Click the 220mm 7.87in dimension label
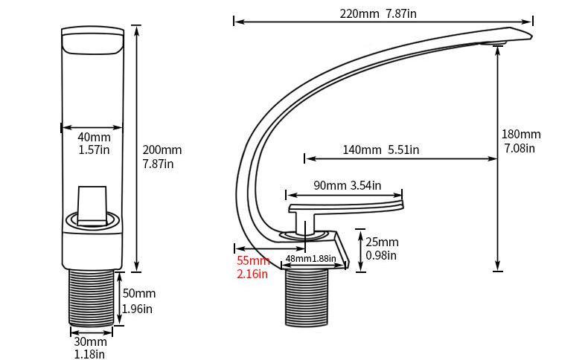377,13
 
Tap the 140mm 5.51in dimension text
380,150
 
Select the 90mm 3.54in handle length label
347,185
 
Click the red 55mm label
253,261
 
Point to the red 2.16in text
252,274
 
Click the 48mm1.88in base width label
310,260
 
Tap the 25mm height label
382,242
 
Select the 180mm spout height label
521,135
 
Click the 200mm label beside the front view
162,150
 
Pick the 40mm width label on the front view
94,138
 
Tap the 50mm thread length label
138,294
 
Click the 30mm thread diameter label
89,342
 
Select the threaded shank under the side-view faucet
306,298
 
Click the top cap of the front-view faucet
92,41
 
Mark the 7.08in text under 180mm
520,148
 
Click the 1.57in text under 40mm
94,150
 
